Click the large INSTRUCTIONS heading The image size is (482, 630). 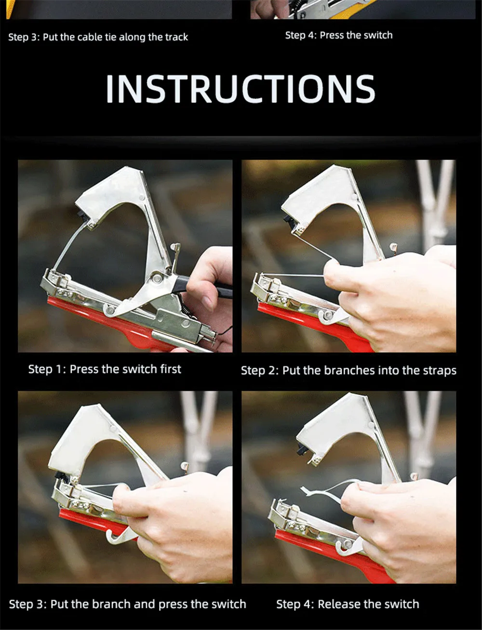point(241,89)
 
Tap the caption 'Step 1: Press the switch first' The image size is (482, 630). point(105,369)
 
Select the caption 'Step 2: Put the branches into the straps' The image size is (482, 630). point(348,370)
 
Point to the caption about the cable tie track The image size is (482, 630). point(98,37)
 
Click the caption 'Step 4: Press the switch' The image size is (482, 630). point(339,35)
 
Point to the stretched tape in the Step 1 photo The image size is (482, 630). point(69,246)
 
